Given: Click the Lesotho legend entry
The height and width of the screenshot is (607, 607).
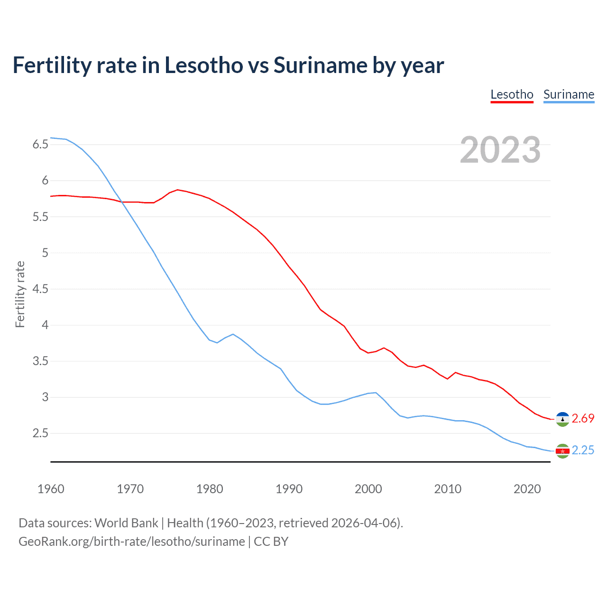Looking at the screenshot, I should [x=512, y=94].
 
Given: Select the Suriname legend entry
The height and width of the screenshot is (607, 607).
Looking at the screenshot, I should [x=569, y=94].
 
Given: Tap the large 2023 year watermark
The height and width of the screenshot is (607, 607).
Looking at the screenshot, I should [x=500, y=150].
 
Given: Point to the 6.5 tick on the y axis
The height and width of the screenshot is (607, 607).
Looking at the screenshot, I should [x=40, y=145].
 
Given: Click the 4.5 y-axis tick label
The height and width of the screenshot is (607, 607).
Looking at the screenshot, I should [x=40, y=289].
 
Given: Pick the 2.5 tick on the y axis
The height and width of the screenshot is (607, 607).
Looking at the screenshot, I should [x=40, y=433].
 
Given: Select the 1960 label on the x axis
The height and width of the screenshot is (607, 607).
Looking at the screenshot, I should [x=51, y=489].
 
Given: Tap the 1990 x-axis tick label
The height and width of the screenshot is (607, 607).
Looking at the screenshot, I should [x=289, y=489].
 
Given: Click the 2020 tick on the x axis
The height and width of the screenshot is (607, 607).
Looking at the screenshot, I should [x=527, y=489].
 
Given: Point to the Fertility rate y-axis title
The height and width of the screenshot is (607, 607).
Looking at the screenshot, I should [x=20, y=294].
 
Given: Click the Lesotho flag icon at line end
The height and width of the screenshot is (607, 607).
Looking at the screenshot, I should [x=562, y=419].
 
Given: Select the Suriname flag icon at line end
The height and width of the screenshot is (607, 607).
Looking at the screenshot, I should [x=562, y=451].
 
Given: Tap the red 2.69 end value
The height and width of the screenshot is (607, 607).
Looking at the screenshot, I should [x=583, y=418].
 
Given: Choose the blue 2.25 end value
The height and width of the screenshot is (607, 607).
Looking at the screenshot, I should [x=583, y=450].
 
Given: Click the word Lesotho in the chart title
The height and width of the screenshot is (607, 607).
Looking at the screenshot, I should [x=203, y=65].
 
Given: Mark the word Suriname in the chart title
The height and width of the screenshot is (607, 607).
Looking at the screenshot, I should [x=320, y=65].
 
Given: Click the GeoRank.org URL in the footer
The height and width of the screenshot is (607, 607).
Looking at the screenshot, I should [x=131, y=542].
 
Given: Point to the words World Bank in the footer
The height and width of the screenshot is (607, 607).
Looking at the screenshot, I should [x=126, y=523].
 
